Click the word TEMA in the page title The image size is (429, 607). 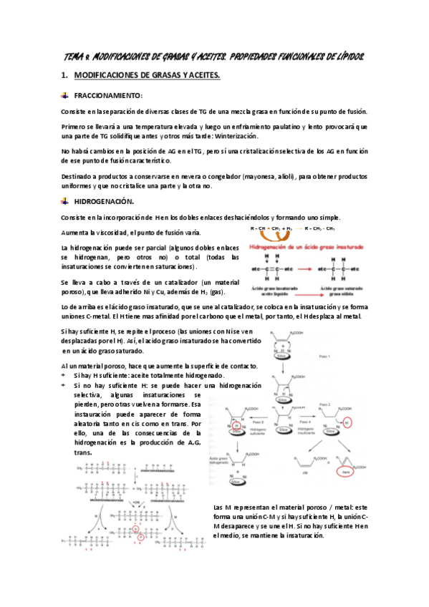(x=69, y=56)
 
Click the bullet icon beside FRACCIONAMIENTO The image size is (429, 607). (x=64, y=95)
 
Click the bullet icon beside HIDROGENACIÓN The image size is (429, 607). (x=64, y=202)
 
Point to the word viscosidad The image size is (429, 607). (x=111, y=233)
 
